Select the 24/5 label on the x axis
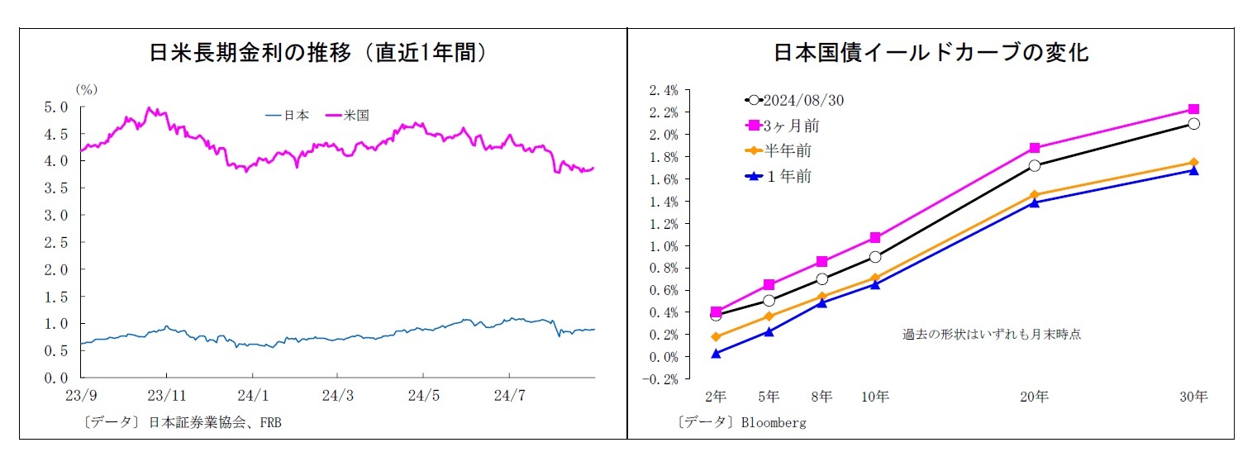(x=423, y=396)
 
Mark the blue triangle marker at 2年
(x=716, y=353)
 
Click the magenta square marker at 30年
(x=1193, y=109)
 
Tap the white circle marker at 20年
(x=1034, y=165)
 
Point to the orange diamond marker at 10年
(x=875, y=278)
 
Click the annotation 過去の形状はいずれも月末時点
(x=992, y=335)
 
